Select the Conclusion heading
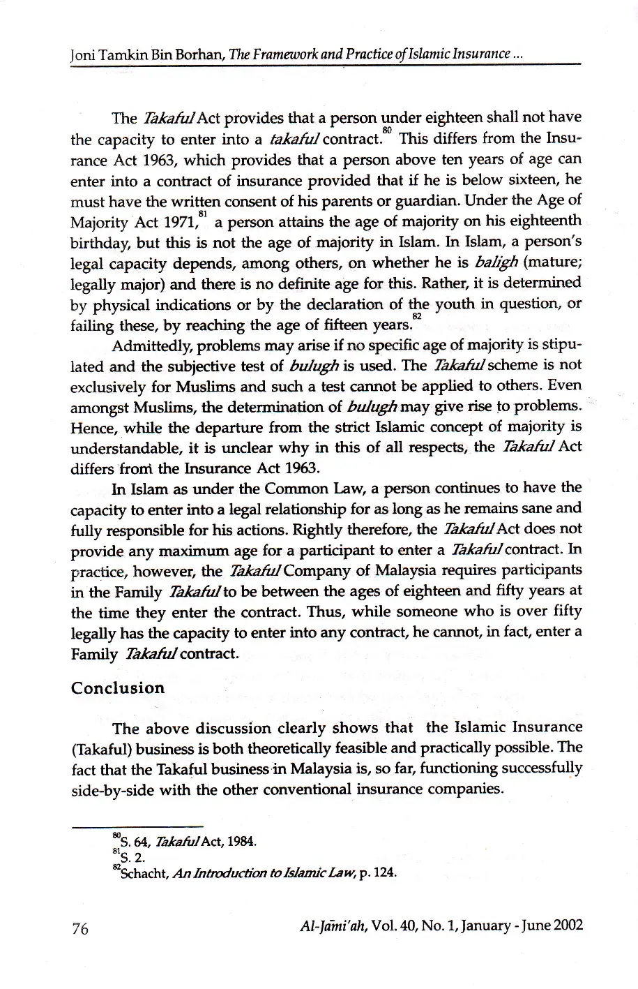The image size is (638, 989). (118, 687)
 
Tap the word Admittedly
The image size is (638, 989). (146, 345)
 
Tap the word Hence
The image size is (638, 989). (91, 426)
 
